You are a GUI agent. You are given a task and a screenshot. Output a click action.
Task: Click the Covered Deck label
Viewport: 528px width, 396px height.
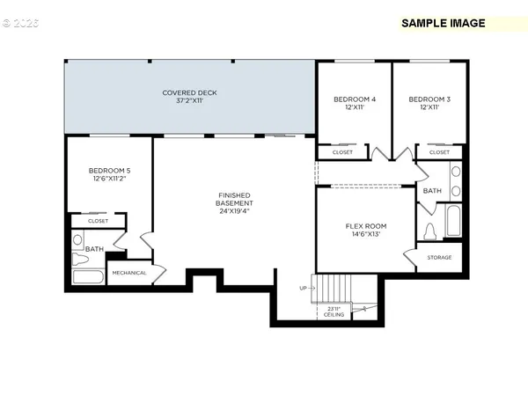(189, 97)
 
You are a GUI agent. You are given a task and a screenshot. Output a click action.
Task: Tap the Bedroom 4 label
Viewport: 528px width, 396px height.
(355, 104)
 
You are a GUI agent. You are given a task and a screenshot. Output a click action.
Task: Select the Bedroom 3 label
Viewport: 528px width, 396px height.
(429, 104)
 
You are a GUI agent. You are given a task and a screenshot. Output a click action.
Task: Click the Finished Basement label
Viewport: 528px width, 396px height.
(235, 203)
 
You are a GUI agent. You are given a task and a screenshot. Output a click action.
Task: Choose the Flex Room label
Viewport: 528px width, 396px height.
(365, 231)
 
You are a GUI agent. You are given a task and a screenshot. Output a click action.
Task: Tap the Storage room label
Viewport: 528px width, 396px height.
(439, 257)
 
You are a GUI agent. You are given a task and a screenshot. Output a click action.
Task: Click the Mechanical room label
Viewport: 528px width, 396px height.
(128, 273)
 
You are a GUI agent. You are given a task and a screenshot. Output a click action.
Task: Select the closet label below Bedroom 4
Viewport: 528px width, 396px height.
(342, 152)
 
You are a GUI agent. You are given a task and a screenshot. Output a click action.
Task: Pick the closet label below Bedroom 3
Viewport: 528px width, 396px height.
(439, 152)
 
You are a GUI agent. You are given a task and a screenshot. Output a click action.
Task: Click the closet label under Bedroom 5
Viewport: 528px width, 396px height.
(98, 221)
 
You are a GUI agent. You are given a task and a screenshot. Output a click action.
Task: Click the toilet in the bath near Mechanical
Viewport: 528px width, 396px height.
(77, 238)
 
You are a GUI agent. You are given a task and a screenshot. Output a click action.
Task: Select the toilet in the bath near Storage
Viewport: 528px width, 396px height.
(430, 231)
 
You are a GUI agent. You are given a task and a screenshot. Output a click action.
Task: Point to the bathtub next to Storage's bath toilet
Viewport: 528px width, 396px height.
(453, 220)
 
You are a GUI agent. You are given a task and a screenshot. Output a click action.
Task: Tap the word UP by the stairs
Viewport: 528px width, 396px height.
(304, 288)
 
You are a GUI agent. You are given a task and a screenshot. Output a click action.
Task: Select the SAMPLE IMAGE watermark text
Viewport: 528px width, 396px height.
(443, 23)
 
